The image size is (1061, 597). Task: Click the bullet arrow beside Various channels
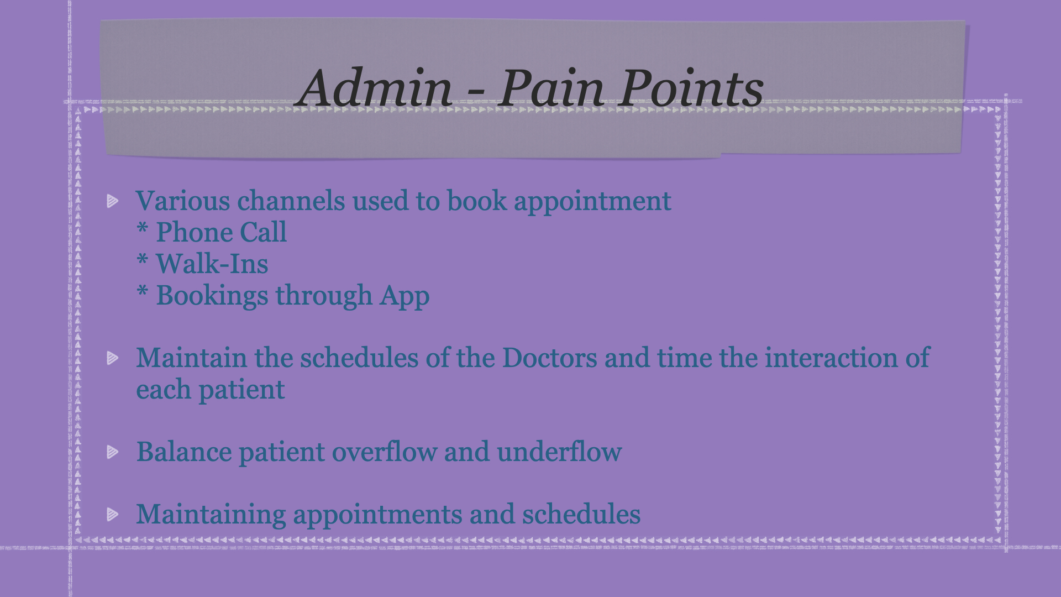click(x=113, y=201)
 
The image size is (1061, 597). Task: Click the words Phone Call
click(x=221, y=232)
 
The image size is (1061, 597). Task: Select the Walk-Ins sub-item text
click(x=212, y=264)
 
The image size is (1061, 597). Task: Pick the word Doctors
click(x=550, y=358)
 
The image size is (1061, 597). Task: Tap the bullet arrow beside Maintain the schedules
click(x=113, y=358)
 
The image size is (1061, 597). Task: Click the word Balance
click(x=184, y=452)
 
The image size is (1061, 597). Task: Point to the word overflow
click(x=384, y=452)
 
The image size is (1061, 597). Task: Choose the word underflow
click(x=559, y=452)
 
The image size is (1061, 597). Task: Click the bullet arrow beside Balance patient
click(x=113, y=452)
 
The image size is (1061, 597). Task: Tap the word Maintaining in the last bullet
click(x=211, y=515)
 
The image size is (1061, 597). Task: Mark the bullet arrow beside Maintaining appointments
click(x=113, y=515)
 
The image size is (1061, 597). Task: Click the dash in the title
click(x=475, y=93)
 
